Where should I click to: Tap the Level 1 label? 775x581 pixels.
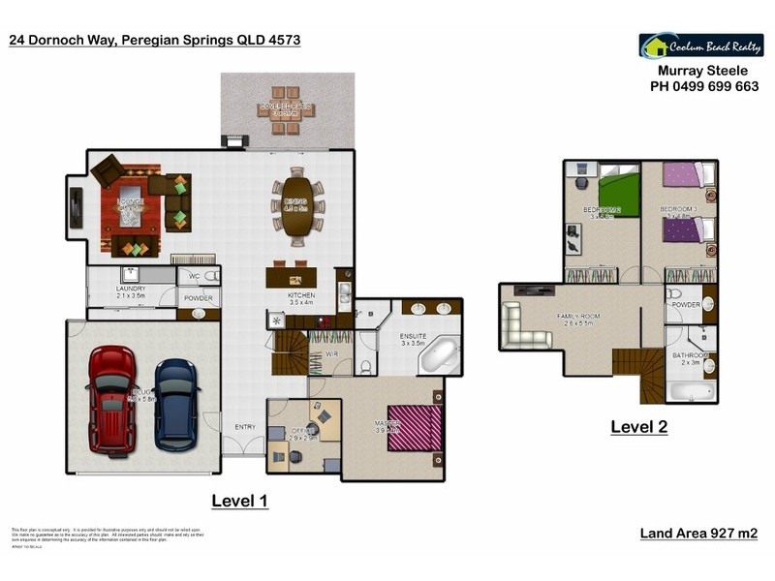tap(239, 501)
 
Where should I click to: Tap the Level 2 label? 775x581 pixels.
tap(638, 426)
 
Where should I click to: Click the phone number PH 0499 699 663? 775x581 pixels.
tap(703, 85)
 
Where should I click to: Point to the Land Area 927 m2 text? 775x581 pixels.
tap(698, 534)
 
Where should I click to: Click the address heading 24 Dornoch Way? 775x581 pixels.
tap(154, 40)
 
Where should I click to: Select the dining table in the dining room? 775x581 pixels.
tap(296, 205)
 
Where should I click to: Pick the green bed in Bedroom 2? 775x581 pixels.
tap(618, 188)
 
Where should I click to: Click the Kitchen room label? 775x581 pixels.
tap(302, 295)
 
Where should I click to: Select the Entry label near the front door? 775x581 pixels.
tap(244, 426)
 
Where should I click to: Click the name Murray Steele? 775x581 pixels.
tap(702, 71)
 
